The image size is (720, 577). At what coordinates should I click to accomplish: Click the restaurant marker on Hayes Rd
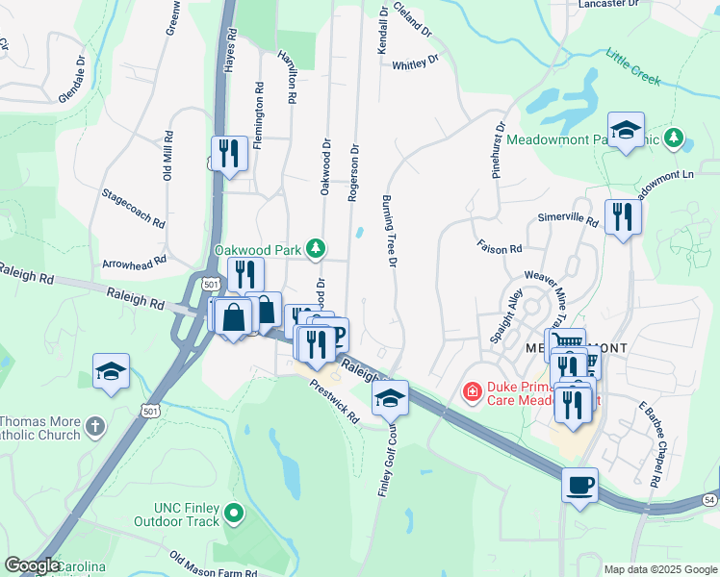[x=229, y=154]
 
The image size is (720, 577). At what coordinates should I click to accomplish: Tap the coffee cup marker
[x=579, y=485]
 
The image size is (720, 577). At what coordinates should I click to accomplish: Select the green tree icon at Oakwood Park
[x=315, y=250]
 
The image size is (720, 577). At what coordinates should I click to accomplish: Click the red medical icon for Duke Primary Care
[x=472, y=391]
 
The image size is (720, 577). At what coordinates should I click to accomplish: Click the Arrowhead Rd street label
[x=135, y=260]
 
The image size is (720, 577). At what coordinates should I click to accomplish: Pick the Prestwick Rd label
[x=334, y=401]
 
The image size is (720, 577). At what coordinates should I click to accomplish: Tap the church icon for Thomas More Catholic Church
[x=94, y=424]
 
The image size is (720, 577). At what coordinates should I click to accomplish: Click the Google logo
[x=32, y=565]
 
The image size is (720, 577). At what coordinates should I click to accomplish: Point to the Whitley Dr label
[x=415, y=63]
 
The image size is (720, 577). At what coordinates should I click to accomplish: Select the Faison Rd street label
[x=499, y=247]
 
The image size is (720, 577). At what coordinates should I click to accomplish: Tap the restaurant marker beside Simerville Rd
[x=622, y=217]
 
